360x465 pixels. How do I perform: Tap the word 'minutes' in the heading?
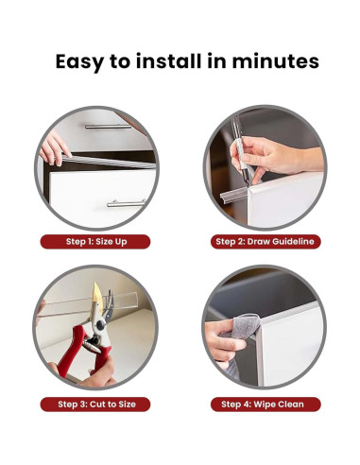coord(276,60)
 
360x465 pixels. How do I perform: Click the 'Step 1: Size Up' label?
coord(96,242)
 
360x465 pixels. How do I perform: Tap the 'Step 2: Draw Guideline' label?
coord(266,242)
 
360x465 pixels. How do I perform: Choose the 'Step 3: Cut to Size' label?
coord(96,405)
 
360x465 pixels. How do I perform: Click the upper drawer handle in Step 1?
coord(109,127)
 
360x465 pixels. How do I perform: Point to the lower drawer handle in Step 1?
coord(127,204)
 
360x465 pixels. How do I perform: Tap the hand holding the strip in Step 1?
coord(54,148)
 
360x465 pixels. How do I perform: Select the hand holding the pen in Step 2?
coord(274,157)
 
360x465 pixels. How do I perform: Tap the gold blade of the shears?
coord(97,300)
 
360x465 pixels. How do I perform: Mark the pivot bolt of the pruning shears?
coord(100,325)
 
